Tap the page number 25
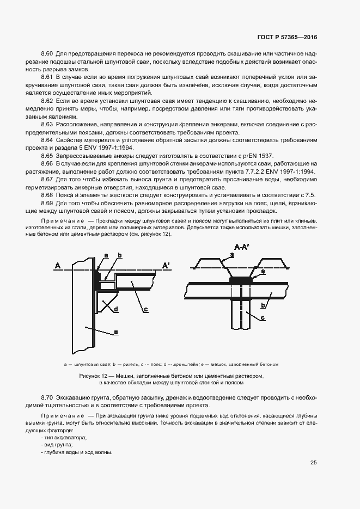(x=314, y=463)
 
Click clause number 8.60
(x=47, y=53)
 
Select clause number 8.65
(x=47, y=156)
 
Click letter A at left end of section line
(x=57, y=265)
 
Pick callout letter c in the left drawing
(x=146, y=310)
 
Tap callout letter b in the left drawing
(x=119, y=255)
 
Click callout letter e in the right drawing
(x=263, y=271)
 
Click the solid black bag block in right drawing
(x=241, y=280)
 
